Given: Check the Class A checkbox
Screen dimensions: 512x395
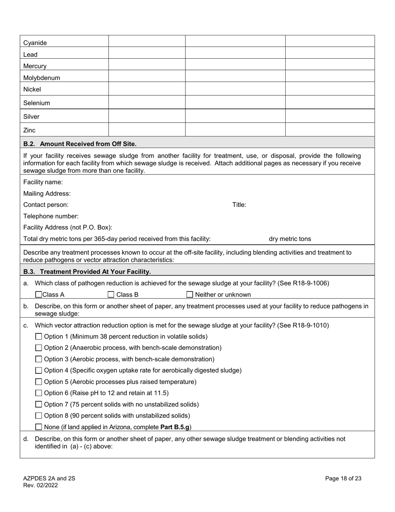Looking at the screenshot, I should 39,295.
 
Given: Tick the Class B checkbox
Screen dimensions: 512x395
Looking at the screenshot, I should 111,295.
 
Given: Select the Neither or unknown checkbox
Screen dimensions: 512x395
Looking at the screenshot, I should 190,295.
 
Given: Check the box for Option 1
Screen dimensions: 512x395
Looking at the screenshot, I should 39,336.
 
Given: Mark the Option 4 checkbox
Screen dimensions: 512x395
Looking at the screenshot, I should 39,370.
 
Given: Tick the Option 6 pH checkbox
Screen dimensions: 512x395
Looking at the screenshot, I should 39,393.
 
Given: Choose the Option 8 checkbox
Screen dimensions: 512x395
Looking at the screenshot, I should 39,415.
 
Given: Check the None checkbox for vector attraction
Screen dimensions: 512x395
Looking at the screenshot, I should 39,427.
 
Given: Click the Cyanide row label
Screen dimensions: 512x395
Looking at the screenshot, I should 35,43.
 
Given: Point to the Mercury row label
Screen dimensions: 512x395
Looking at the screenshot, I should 35,66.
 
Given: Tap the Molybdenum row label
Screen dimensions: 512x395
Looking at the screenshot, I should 42,78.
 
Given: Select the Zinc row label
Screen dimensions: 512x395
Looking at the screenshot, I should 30,130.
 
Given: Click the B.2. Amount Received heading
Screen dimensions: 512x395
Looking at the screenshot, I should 80,144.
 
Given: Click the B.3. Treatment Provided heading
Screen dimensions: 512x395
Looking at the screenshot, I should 87,272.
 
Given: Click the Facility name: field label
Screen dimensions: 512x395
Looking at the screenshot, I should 43,182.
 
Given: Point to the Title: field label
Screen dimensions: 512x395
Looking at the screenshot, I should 239,205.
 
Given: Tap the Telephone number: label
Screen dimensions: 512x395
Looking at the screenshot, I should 51,216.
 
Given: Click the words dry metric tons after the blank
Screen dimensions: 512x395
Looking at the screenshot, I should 290,239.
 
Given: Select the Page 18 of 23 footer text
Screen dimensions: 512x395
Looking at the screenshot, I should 343,478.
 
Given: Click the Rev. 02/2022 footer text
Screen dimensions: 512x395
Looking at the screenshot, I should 41,485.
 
